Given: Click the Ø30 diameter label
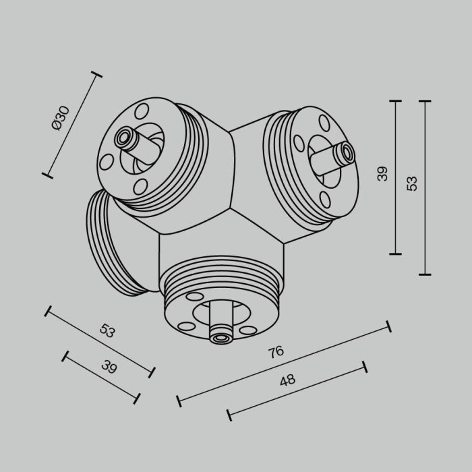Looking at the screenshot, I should (60, 119).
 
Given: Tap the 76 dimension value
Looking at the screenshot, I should (275, 351).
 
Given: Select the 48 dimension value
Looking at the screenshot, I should (288, 380).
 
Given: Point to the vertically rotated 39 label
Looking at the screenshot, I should (383, 173).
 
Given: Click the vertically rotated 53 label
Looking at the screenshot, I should (412, 183).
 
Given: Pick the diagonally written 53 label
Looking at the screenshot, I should (107, 330).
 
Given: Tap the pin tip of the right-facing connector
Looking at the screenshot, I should (347, 153).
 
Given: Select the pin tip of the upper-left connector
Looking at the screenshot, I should (123, 138).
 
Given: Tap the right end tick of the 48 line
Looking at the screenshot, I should (365, 366).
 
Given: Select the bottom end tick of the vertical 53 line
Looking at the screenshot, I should (425, 274).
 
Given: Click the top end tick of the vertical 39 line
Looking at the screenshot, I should (395, 101).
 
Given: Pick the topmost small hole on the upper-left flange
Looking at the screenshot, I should (140, 111).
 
